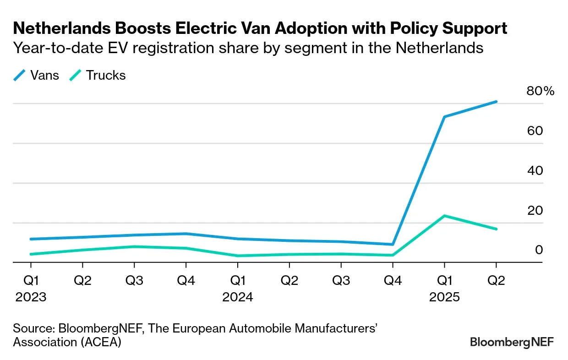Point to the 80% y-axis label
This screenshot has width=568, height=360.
541,91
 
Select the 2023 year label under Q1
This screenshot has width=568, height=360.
31,297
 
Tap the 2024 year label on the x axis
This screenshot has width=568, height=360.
237,297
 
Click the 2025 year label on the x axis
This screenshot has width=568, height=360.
444,297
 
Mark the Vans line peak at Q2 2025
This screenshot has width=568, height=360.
496,102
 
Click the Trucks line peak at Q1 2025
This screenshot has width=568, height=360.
444,216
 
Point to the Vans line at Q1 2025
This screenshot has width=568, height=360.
444,117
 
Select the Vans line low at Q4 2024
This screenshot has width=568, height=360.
393,244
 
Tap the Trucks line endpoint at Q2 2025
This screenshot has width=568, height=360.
496,229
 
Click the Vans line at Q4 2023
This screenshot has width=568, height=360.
186,234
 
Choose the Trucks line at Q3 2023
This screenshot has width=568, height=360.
134,246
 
